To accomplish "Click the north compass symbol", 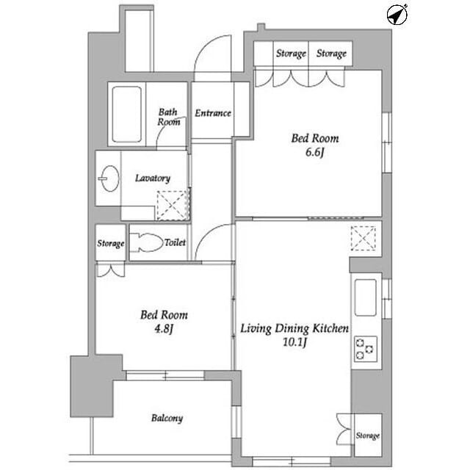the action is click(397, 15).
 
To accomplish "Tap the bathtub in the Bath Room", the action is click(126, 115).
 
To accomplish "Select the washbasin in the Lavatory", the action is click(109, 178).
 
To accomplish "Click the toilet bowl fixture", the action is click(145, 242).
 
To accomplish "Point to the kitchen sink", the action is click(365, 297).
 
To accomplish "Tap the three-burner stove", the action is click(366, 350).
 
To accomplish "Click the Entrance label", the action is click(213, 113).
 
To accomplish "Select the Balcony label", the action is click(167, 418).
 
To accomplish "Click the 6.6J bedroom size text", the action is click(315, 153).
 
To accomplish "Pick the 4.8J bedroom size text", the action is click(164, 329).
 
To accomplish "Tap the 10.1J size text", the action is click(295, 342).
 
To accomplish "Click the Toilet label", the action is click(175, 242).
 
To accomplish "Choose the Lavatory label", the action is click(153, 178).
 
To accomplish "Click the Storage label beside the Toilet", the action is click(111, 243).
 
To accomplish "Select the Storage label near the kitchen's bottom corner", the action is click(368, 435).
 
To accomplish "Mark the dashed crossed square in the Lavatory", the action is click(172, 206).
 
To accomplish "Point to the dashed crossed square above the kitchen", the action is click(363, 238).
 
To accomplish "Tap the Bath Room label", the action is click(169, 117).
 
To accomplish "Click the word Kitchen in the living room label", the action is click(331, 328).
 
